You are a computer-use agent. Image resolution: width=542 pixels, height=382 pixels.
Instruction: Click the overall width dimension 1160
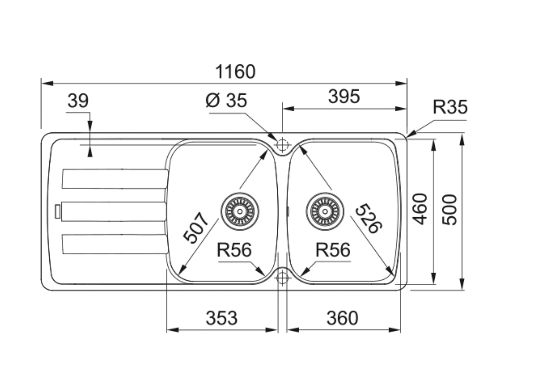235,72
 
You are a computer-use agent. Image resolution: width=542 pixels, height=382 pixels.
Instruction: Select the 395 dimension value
344,97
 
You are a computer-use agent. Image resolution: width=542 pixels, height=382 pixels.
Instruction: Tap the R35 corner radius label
450,107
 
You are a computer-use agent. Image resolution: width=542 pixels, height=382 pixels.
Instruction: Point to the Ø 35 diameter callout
226,101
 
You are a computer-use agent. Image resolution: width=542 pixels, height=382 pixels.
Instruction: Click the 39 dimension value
78,101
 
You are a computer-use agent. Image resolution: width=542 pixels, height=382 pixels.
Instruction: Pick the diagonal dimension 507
196,227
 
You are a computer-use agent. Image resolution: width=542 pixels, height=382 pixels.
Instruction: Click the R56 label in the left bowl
234,250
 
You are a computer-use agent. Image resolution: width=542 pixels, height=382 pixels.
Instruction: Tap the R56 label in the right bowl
333,250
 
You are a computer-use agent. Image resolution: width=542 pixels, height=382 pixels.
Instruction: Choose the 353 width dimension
221,318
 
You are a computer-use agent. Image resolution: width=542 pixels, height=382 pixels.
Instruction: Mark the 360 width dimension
342,318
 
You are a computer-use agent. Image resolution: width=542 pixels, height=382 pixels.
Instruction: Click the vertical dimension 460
421,209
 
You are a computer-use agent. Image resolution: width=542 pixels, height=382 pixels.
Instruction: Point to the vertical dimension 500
449,210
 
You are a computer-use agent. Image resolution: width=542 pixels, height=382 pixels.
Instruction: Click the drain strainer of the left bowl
240,212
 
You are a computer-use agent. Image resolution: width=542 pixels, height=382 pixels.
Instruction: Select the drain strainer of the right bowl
325,212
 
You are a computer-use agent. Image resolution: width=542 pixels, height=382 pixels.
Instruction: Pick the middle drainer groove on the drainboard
114,211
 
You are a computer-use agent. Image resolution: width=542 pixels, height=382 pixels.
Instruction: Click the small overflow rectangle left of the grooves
58,211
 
